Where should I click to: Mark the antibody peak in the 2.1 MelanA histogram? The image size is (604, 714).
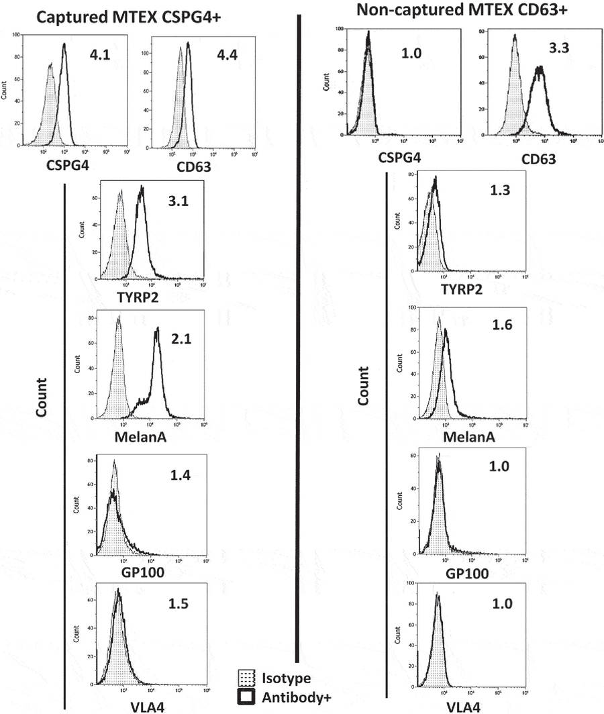pos(157,329)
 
